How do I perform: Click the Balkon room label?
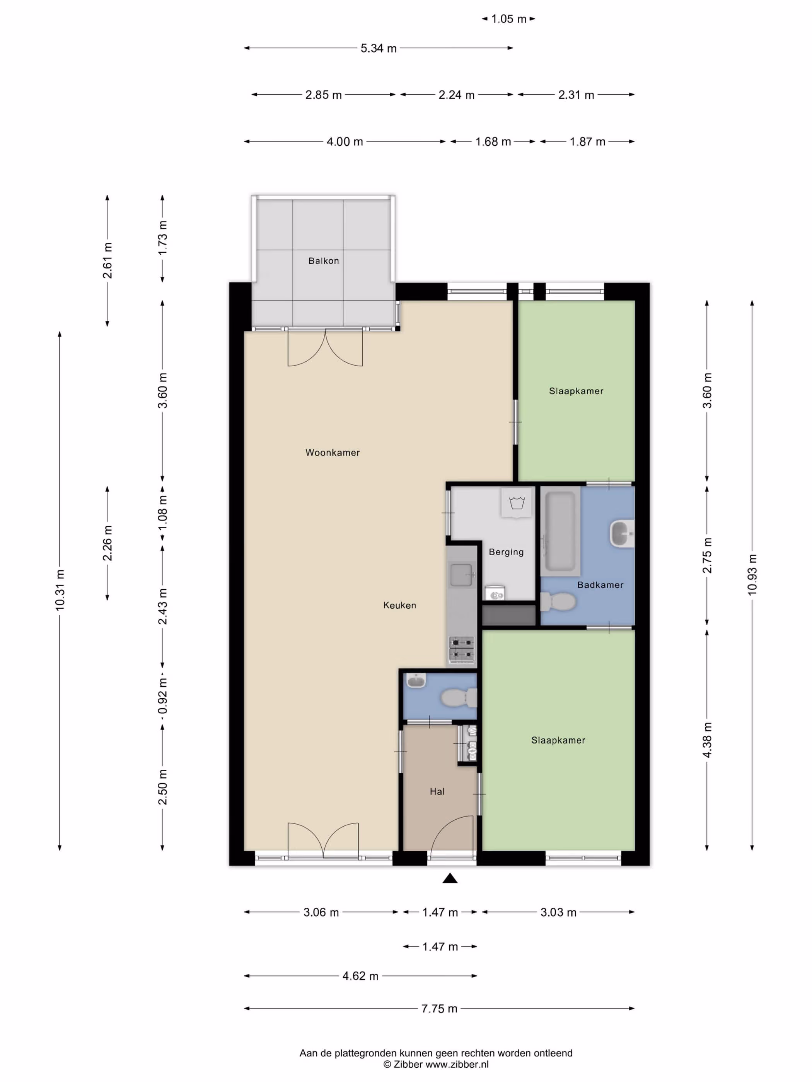click(324, 261)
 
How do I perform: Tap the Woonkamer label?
click(333, 453)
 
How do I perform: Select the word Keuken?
click(400, 605)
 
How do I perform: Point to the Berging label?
click(506, 552)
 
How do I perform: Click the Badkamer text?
click(600, 585)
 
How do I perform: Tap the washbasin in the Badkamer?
click(622, 534)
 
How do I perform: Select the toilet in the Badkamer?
click(558, 602)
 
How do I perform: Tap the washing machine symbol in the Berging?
click(516, 503)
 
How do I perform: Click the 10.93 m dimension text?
click(752, 575)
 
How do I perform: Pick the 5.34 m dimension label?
click(378, 48)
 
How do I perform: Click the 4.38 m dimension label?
click(707, 740)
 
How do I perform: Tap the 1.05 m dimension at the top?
click(508, 19)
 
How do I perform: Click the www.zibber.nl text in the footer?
click(457, 1064)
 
